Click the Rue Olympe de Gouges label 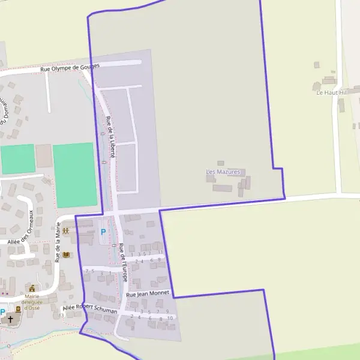69,67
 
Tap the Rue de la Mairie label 58,242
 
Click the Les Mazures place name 223,172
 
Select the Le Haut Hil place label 332,92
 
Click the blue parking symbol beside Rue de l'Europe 103,232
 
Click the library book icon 65,254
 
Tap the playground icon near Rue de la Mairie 65,230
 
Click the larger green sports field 74,175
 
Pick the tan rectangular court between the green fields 44,156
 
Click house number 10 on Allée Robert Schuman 170,318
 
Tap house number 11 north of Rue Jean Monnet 160,252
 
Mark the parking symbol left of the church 3,311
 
